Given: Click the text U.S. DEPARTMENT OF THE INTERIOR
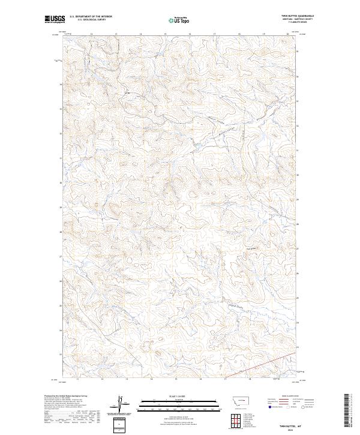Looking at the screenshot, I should [x=91, y=16].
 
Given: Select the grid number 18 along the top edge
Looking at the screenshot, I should [x=239, y=34].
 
